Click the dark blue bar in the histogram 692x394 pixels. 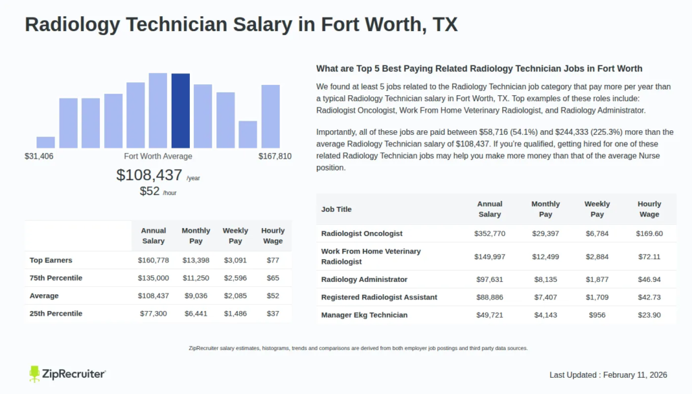(x=180, y=111)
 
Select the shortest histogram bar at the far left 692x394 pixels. (x=45, y=142)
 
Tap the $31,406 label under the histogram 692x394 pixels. (x=39, y=157)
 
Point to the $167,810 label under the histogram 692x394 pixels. (x=275, y=157)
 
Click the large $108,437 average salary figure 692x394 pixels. (x=149, y=175)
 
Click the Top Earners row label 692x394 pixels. (x=51, y=260)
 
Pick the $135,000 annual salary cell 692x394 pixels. (x=153, y=278)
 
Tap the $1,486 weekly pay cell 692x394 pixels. (x=235, y=314)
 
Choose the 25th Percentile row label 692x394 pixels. (x=56, y=314)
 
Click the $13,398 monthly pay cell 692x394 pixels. (x=196, y=260)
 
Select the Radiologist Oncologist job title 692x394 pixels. (x=362, y=233)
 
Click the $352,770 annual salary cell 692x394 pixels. (x=489, y=233)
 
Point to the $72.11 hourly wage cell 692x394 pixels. (x=649, y=256)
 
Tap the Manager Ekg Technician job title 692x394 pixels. (x=364, y=315)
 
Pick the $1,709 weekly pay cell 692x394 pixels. (x=597, y=298)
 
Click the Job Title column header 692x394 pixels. (x=337, y=209)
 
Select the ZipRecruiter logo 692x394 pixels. (x=67, y=373)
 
